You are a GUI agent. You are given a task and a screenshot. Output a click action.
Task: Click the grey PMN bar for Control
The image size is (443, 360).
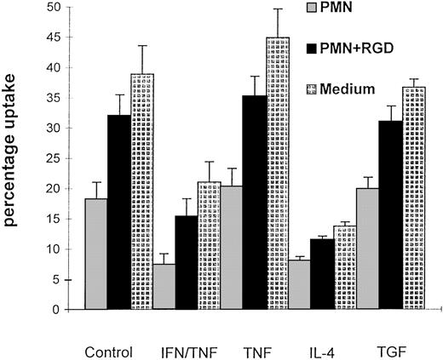pos(95,254)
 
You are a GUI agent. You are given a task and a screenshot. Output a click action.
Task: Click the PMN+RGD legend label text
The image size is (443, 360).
pos(359,50)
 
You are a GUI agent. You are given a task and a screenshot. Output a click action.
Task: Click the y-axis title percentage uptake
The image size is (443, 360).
pos(15,158)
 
